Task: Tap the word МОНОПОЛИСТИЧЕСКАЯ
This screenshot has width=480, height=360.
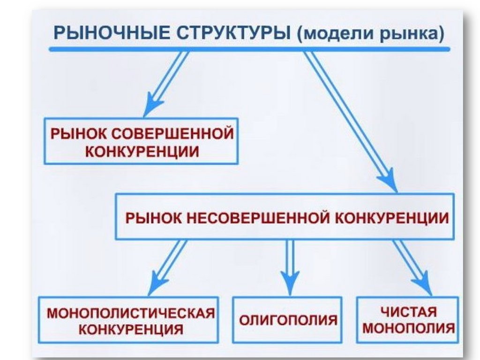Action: (132, 313)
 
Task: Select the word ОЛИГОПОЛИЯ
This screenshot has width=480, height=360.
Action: (288, 320)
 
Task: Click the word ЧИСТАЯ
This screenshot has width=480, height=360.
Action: (408, 312)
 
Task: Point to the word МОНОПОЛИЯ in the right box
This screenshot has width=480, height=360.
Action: (408, 328)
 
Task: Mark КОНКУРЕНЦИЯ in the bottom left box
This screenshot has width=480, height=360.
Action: (131, 329)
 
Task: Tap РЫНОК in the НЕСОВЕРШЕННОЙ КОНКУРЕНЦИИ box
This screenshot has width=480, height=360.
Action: (153, 218)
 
